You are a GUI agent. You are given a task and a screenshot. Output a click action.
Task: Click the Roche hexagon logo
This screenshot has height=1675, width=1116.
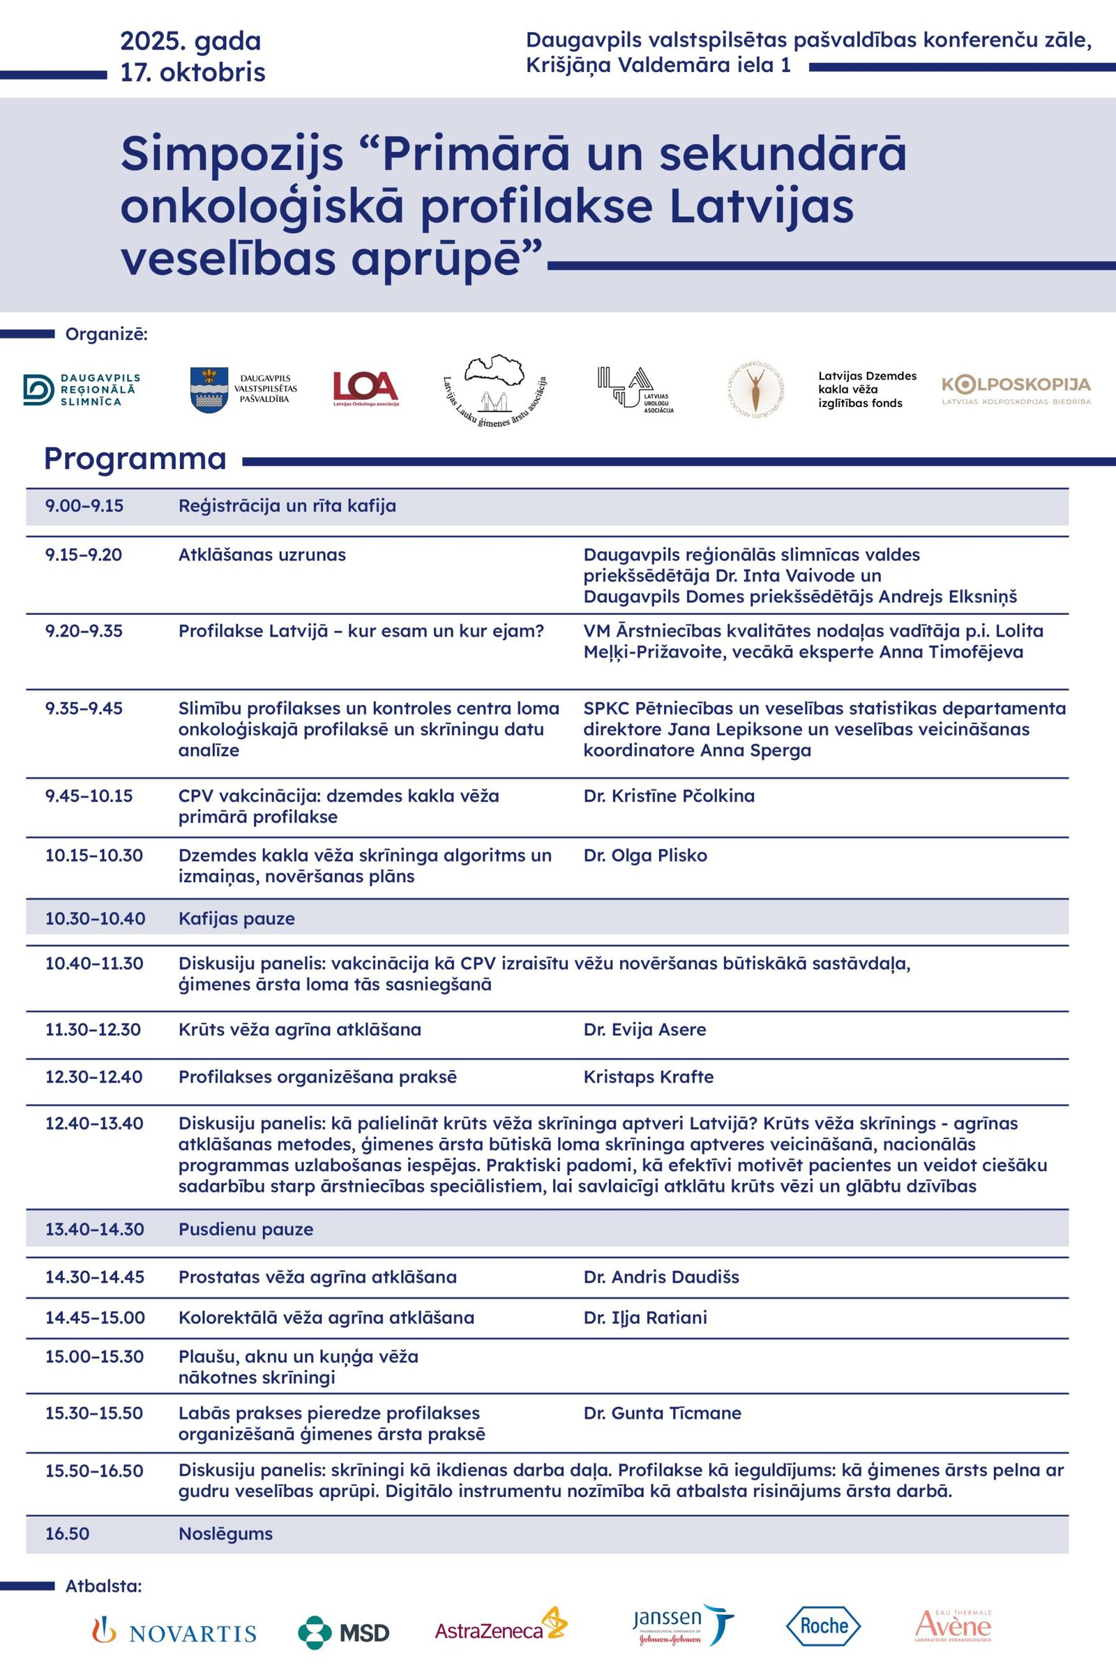tap(824, 1626)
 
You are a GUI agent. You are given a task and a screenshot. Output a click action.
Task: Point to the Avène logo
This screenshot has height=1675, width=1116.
tap(953, 1626)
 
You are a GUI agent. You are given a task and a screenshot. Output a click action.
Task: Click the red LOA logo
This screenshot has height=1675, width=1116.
tap(365, 389)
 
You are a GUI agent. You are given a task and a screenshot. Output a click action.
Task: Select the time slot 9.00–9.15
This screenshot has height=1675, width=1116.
tap(84, 507)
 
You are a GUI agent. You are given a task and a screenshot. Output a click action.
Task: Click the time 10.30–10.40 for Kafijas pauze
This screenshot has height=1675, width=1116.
tap(96, 918)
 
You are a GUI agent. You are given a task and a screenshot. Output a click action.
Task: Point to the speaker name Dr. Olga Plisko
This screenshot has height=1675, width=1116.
tap(646, 856)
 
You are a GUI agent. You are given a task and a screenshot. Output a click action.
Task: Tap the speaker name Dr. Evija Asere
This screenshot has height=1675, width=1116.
tap(644, 1030)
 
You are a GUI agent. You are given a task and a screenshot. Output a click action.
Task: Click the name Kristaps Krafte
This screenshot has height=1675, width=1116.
tap(649, 1077)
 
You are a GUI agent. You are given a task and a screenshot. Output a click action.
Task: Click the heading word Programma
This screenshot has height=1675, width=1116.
tap(135, 459)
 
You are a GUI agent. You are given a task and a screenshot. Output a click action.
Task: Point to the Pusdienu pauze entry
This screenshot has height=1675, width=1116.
tap(246, 1230)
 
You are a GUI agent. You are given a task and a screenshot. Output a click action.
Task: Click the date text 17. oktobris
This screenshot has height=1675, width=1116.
tap(193, 73)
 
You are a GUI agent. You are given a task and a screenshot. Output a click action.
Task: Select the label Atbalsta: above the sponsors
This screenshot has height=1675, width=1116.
tap(104, 1586)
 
